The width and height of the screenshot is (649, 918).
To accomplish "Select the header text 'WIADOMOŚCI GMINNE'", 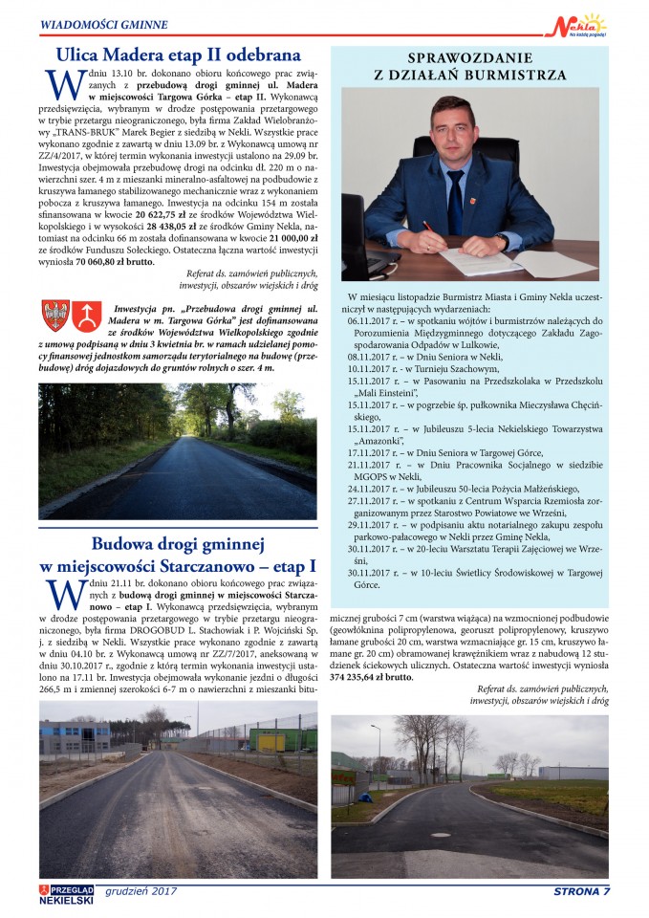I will tap(104, 23).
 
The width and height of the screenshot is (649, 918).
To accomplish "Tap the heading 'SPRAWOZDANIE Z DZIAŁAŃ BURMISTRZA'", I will tap(468, 65).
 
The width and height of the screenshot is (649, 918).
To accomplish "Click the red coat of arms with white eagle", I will tap(55, 315).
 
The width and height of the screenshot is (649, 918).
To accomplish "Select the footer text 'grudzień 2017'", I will tap(141, 891).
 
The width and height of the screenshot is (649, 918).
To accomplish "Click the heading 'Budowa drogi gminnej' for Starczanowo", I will tap(178, 544).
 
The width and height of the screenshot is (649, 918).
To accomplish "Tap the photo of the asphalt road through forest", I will tap(177, 450).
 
